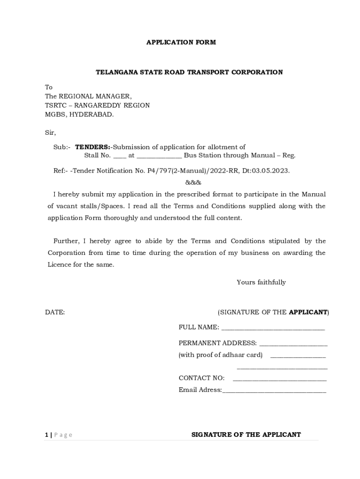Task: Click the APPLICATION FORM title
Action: click(181, 43)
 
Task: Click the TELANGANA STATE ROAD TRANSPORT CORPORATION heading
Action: click(189, 73)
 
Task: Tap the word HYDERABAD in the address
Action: click(91, 114)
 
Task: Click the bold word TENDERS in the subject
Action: click(92, 147)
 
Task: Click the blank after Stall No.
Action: click(120, 156)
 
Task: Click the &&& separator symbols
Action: click(193, 182)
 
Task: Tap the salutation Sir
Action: click(50, 133)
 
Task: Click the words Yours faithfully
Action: click(261, 283)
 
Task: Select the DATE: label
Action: click(55, 312)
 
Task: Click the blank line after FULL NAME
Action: click(273, 328)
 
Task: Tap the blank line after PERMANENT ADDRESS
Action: click(293, 344)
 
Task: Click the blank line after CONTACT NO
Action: click(279, 379)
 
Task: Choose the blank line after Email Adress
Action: click(274, 391)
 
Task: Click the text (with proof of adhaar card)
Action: click(220, 355)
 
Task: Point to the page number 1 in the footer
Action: click(46, 435)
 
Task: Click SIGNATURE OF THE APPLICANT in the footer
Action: click(246, 435)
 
